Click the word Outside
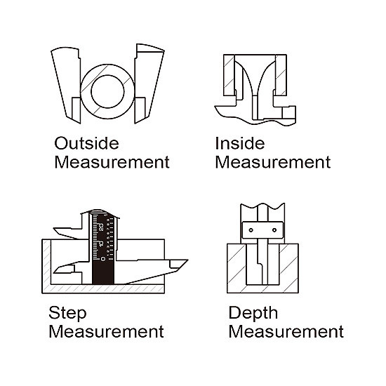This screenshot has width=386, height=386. coord(86,143)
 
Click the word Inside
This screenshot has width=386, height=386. coord(240,143)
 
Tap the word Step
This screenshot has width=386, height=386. coord(67,314)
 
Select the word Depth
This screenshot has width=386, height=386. coord(253,314)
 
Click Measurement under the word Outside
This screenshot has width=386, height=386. coord(112,162)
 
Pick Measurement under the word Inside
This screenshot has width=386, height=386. coord(273,162)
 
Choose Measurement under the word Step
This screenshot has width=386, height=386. coord(107,331)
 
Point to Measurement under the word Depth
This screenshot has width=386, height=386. coord(286,331)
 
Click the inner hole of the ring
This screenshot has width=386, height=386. coord(107,91)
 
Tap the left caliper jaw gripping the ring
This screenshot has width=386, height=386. coord(67,84)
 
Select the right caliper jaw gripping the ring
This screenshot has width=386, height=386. coord(149,83)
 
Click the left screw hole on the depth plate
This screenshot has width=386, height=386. coord(251,230)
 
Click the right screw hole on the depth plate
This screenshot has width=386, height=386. coord(274,230)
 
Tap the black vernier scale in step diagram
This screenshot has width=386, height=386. coord(103,248)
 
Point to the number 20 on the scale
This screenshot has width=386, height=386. coord(101,227)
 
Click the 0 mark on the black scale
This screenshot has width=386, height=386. coord(103,258)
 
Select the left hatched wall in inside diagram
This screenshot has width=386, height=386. coord(229,75)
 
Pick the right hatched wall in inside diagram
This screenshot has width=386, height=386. coord(281,75)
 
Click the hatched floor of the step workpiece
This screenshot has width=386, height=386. coord(103,288)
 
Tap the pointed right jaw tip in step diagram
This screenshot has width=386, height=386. coord(187,260)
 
